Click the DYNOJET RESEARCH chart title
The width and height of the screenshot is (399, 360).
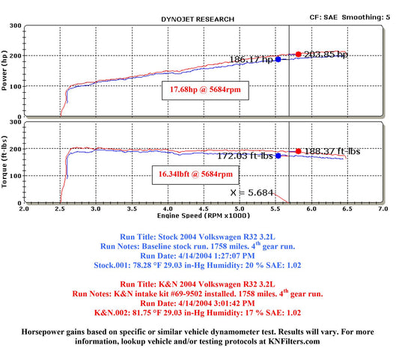click(198, 19)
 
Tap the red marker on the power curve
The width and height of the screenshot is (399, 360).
click(299, 54)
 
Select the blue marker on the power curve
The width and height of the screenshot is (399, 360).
click(278, 59)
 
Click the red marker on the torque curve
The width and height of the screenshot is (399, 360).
click(299, 151)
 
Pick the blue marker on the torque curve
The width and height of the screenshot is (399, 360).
click(278, 156)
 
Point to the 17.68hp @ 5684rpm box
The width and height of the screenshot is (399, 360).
click(205, 91)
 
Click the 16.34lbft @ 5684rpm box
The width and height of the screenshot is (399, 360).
click(195, 175)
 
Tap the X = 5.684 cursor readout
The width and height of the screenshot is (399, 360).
click(252, 192)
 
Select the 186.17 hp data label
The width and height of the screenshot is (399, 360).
click(252, 60)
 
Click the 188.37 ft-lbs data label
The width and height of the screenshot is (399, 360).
click(332, 151)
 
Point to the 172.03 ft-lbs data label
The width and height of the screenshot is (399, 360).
click(245, 156)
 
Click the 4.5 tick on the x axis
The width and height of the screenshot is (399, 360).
click(204, 209)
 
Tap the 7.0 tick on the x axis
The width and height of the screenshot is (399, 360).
click(383, 209)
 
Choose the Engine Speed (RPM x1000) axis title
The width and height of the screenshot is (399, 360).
click(204, 216)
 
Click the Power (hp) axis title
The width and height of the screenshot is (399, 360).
click(4, 70)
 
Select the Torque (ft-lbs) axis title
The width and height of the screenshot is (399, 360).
click(4, 162)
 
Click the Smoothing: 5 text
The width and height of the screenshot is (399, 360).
click(365, 17)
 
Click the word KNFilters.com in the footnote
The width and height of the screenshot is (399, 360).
click(294, 341)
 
